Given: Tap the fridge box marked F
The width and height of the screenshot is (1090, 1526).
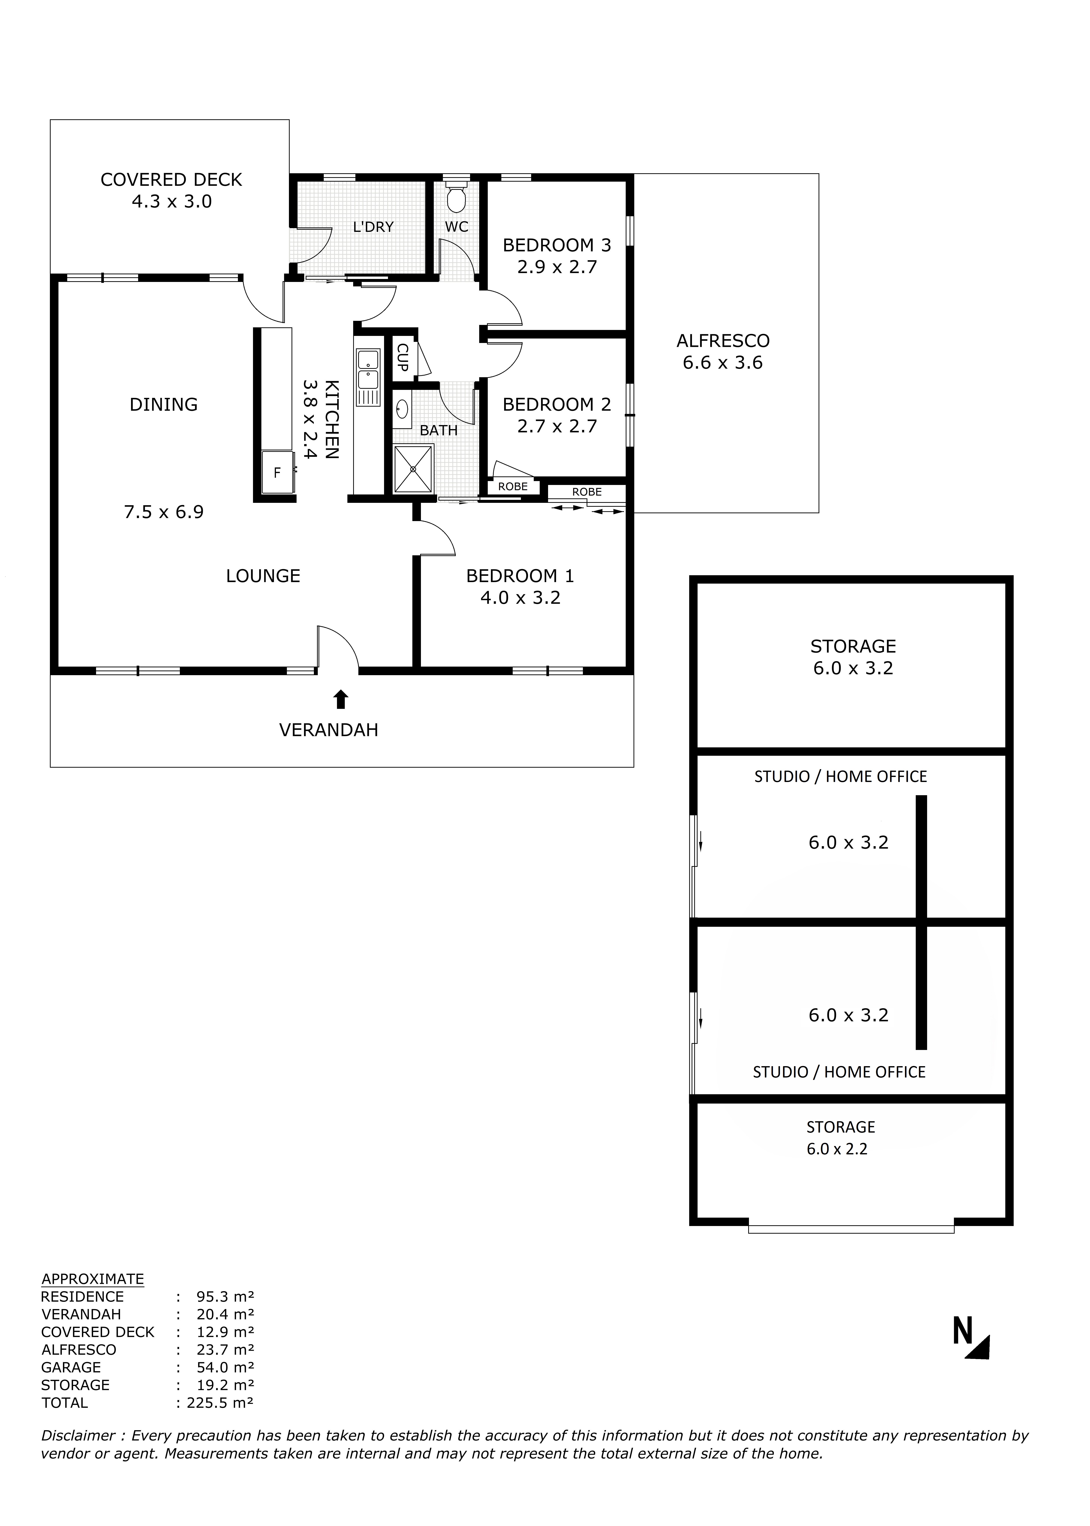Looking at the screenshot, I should (x=277, y=472).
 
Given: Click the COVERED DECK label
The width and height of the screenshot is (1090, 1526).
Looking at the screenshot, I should (x=171, y=180).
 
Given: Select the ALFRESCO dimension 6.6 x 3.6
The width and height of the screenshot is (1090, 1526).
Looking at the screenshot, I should (x=723, y=363).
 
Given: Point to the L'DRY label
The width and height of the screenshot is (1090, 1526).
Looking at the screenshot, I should (x=373, y=227).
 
